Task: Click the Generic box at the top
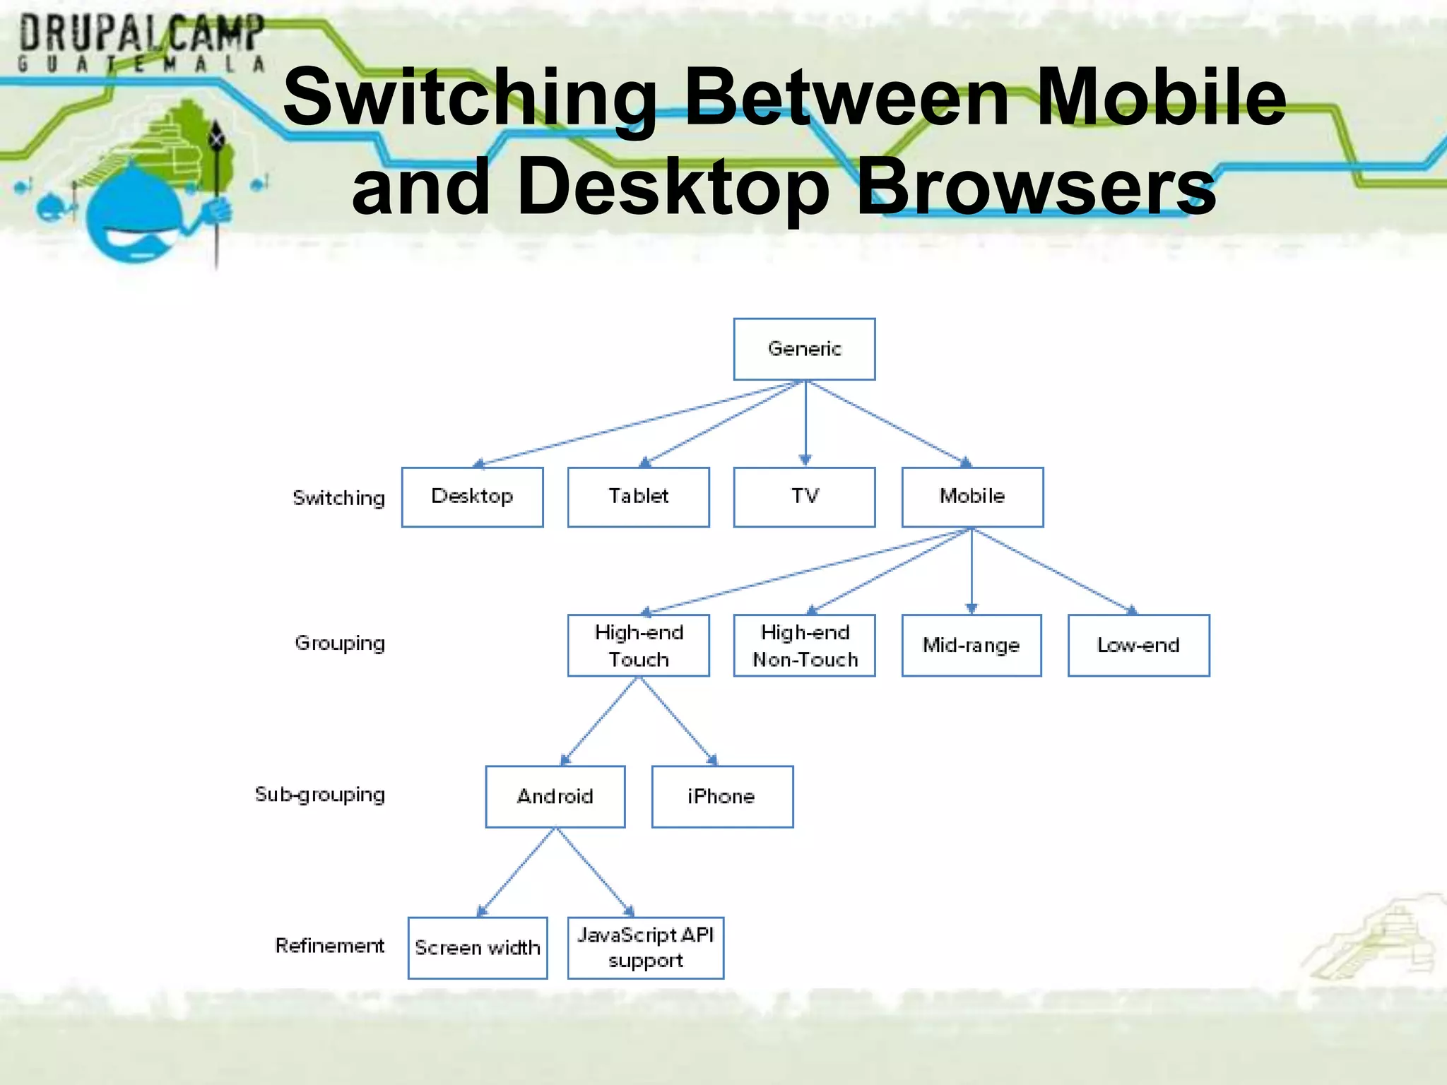pyautogui.click(x=804, y=349)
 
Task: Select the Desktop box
pyautogui.click(x=472, y=497)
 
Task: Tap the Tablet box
pyautogui.click(x=638, y=497)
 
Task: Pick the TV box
pyautogui.click(x=804, y=497)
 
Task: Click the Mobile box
pyautogui.click(x=972, y=497)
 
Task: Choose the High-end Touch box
pyautogui.click(x=638, y=645)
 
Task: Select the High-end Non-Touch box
pyautogui.click(x=804, y=645)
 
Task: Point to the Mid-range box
pyautogui.click(x=971, y=645)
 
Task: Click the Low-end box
pyautogui.click(x=1138, y=645)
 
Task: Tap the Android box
pyautogui.click(x=555, y=796)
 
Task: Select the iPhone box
pyautogui.click(x=722, y=796)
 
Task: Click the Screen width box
pyautogui.click(x=478, y=947)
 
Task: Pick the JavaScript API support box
pyautogui.click(x=645, y=947)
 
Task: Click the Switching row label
pyautogui.click(x=339, y=498)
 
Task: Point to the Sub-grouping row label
pyautogui.click(x=320, y=795)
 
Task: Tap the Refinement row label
pyautogui.click(x=329, y=945)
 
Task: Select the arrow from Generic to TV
pyautogui.click(x=805, y=424)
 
